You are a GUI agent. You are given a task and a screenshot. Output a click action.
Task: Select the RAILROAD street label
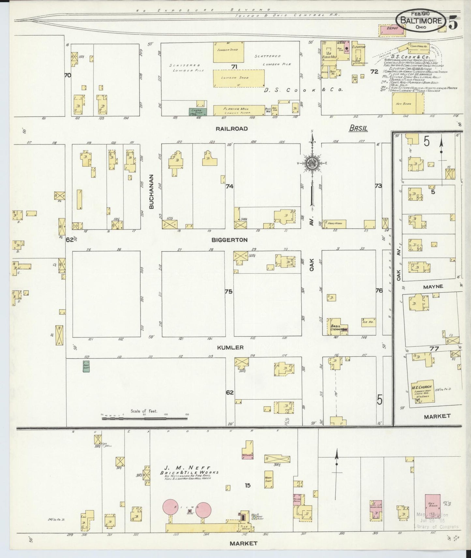[x=231, y=129]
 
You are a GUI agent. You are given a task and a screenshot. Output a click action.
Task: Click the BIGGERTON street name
[x=229, y=240]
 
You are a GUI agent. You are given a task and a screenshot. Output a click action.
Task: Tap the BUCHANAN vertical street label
[x=151, y=196]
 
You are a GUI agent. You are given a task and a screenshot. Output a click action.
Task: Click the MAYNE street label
[x=433, y=287]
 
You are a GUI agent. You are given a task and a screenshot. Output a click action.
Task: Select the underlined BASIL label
[x=358, y=128]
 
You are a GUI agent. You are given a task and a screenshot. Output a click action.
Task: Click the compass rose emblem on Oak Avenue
[x=312, y=163]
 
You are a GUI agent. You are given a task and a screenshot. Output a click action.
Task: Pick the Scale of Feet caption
[x=144, y=411]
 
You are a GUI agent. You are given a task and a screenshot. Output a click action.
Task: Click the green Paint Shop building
[x=86, y=366]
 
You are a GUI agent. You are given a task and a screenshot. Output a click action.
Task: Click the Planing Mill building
[x=239, y=110]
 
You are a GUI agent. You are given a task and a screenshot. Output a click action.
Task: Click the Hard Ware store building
[x=334, y=224]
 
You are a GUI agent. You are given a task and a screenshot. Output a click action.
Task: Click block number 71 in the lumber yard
[x=234, y=67]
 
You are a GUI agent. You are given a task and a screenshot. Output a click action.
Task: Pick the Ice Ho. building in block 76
[x=367, y=321]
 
